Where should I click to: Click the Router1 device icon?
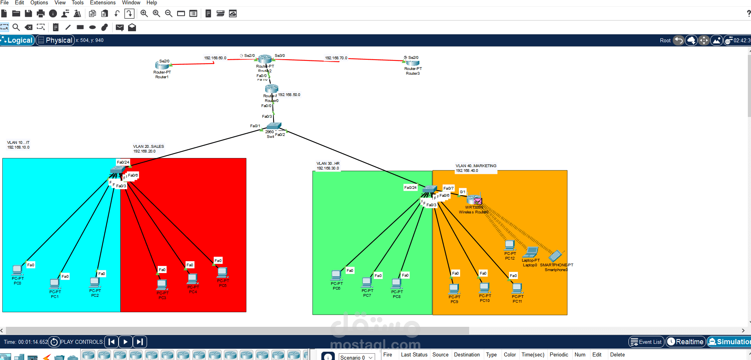click(x=162, y=65)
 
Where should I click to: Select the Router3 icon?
click(x=412, y=62)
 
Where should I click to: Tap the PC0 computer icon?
click(x=17, y=270)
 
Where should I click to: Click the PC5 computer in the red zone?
click(x=223, y=272)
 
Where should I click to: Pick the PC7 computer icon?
click(x=367, y=282)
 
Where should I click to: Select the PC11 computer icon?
click(x=517, y=288)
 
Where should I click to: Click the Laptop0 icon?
click(x=530, y=252)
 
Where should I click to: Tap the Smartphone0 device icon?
click(x=555, y=256)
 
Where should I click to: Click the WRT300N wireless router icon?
click(x=474, y=200)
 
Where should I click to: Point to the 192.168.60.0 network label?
click(x=215, y=58)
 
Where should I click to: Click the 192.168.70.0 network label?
click(x=336, y=58)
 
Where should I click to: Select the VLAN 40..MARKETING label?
click(x=476, y=166)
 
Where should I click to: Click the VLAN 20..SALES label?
click(x=149, y=147)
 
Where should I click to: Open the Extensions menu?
click(x=103, y=3)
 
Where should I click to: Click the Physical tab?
click(x=55, y=40)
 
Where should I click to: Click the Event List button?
click(x=646, y=342)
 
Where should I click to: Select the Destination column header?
click(x=466, y=355)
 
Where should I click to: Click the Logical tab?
click(x=17, y=40)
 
